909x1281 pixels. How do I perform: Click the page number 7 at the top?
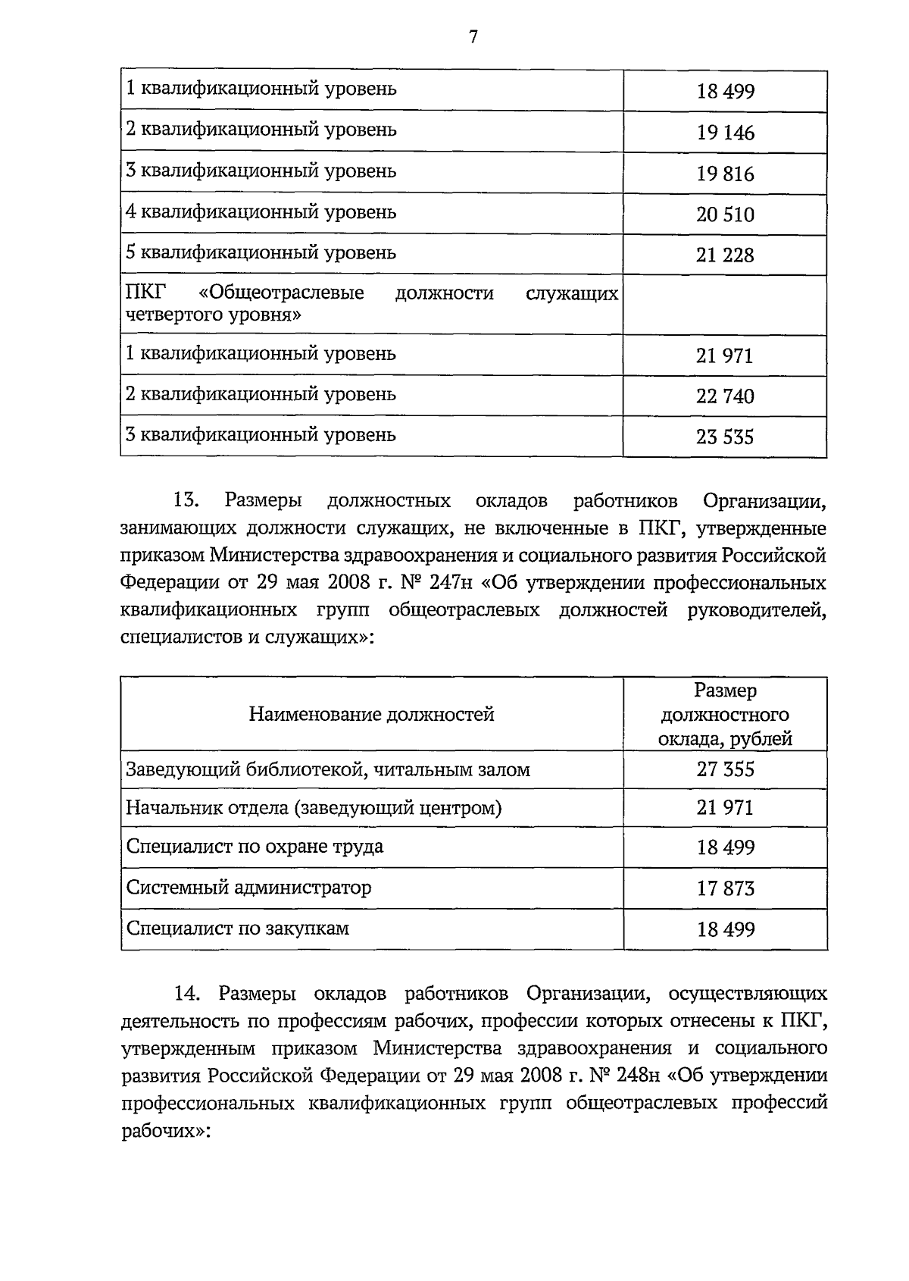[473, 37]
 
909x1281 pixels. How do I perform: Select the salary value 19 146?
[725, 133]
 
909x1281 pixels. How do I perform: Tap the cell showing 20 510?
[725, 215]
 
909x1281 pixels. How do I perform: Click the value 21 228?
[725, 255]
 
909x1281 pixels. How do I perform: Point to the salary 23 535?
[725, 437]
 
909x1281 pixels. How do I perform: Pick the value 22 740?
[725, 396]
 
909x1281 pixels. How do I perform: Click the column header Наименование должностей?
[371, 714]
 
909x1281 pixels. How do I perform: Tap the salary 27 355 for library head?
[725, 769]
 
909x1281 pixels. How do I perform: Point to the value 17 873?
[725, 888]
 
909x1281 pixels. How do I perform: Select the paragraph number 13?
[186, 501]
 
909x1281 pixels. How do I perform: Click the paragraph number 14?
[186, 994]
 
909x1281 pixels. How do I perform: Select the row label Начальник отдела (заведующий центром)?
[314, 808]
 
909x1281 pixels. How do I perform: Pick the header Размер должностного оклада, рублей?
[725, 714]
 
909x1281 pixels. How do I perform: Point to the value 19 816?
[725, 174]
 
